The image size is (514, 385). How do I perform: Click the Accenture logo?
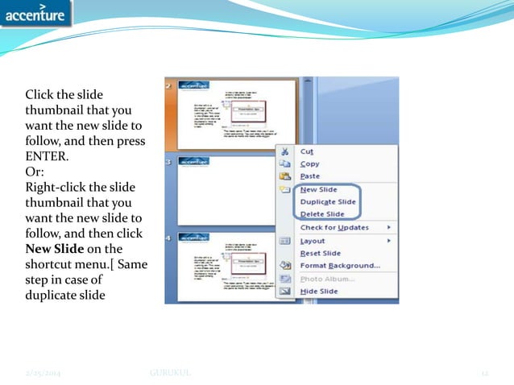[x=36, y=14]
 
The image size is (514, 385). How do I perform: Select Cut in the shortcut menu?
[x=306, y=151]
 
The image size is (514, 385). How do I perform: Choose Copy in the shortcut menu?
[x=309, y=164]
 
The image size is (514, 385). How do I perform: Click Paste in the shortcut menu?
[x=309, y=176]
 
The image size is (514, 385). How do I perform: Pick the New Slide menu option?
[x=317, y=189]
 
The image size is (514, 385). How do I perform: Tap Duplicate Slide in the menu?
[x=327, y=201]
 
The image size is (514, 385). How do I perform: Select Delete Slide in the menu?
[x=321, y=214]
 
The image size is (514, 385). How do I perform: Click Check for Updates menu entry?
[x=334, y=227]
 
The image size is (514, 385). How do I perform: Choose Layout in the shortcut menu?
[x=312, y=241]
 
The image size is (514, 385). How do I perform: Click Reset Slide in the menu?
[x=320, y=253]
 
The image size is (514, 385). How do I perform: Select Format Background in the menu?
[x=339, y=266]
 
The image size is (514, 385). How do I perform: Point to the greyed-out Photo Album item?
[x=327, y=279]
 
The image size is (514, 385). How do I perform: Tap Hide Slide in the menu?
[x=318, y=291]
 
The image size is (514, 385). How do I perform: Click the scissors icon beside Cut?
[x=284, y=151]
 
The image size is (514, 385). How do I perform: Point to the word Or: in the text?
[x=36, y=171]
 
